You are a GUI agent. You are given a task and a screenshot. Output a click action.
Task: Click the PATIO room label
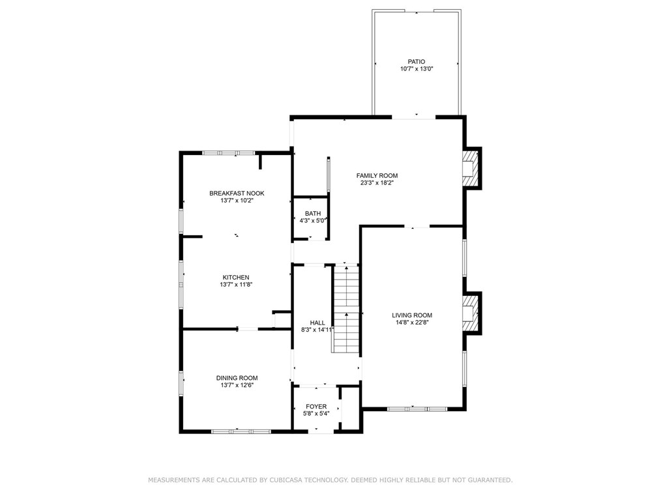point(416,61)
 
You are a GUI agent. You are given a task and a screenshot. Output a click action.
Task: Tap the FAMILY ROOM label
point(377,176)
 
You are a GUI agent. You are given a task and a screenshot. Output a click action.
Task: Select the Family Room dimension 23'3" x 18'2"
point(377,183)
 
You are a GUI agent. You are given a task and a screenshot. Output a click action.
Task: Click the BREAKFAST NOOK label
point(237,194)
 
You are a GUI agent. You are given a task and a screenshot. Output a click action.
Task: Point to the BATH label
point(313,213)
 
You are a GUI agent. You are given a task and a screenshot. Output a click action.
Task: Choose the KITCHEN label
point(236,278)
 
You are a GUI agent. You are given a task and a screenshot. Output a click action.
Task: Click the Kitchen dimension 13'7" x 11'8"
point(236,285)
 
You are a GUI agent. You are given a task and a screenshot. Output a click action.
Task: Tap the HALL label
point(317,323)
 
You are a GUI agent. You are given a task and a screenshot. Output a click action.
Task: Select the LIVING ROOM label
point(412,315)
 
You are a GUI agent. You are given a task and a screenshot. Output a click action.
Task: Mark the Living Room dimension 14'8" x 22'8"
point(412,323)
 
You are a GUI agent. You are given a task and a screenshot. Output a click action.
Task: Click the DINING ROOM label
point(237,378)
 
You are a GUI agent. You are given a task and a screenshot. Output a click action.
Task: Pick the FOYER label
point(316,406)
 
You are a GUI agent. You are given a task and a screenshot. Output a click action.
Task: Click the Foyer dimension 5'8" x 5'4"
point(316,413)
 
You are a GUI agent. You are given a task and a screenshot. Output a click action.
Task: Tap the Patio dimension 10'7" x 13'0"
point(417,68)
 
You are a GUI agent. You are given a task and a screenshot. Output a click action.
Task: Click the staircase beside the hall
point(346,309)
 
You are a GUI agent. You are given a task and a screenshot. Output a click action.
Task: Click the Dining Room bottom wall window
point(241,431)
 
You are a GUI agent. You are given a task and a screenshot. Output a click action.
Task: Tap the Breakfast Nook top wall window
point(228,153)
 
